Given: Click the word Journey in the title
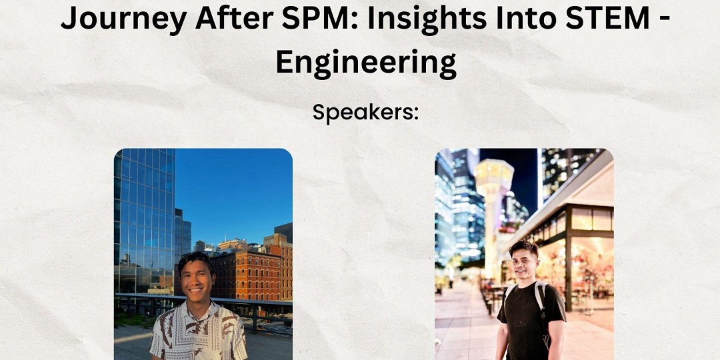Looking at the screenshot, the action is point(123,19).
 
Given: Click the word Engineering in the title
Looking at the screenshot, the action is point(366,63).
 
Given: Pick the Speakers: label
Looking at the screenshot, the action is point(365,113).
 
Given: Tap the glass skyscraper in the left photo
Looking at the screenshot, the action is point(144,221).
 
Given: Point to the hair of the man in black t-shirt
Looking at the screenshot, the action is point(524,249).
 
